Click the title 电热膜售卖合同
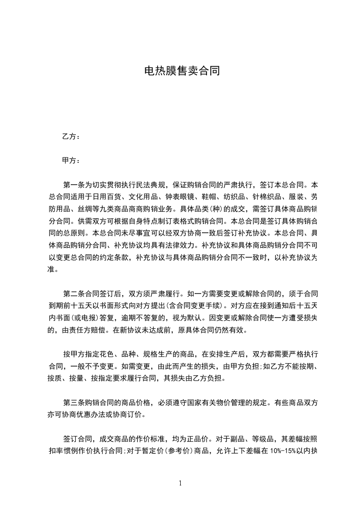[182, 71]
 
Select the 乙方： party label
[71, 137]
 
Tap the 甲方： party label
[71, 161]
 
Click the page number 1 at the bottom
[180, 483]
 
